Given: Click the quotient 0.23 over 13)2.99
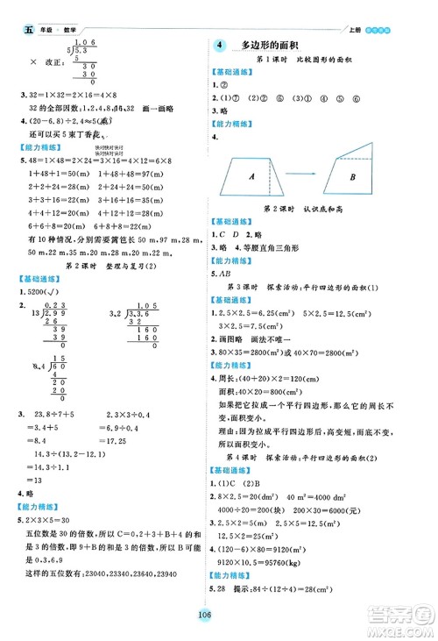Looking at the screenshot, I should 56,303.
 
